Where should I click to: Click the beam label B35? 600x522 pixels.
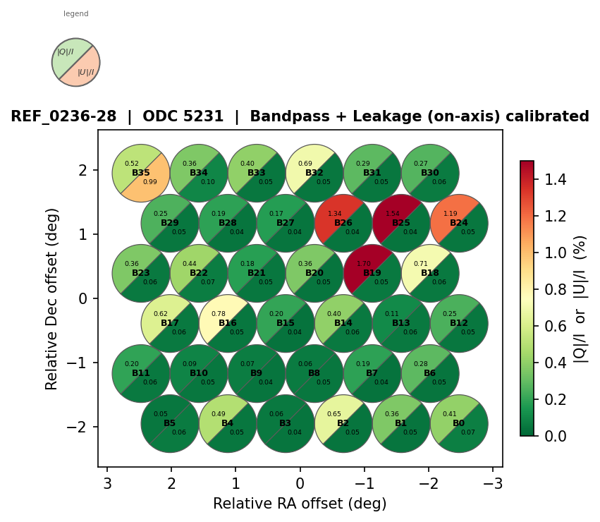coord(141,173)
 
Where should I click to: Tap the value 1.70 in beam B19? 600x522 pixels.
coord(364,264)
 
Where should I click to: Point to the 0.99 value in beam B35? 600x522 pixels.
coord(150,182)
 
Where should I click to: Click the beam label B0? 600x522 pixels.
coord(459,423)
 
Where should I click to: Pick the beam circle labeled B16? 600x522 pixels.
coord(228,324)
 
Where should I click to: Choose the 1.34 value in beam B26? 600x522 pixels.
coord(335,214)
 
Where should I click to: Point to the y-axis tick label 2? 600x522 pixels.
coord(83,170)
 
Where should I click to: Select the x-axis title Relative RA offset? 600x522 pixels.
coord(300,504)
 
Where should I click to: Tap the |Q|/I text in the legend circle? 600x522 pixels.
coord(66,51)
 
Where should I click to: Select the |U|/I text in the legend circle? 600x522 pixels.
coord(86,71)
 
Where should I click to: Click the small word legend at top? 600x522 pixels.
coord(76,14)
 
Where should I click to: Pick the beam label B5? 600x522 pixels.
coord(170,423)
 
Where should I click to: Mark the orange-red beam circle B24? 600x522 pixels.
coord(459,224)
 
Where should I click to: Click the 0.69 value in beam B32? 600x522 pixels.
coord(306,164)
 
